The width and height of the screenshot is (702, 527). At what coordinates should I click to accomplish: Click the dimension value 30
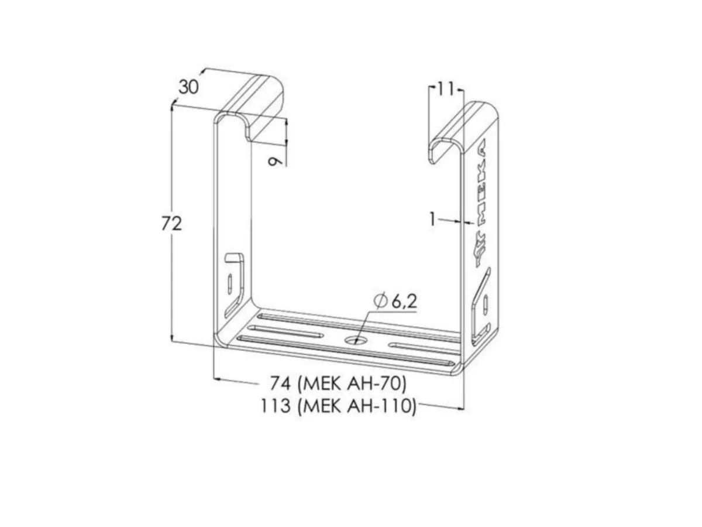[188, 87]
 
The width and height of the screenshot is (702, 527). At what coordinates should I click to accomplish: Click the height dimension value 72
[171, 224]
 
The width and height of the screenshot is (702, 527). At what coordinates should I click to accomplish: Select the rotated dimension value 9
[276, 162]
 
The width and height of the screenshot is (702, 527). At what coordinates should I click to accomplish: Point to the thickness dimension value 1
[432, 220]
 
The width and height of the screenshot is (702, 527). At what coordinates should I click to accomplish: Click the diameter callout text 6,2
[404, 302]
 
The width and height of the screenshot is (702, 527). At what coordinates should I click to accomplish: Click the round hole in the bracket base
[355, 340]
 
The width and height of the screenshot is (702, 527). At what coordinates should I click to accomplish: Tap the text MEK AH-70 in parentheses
[352, 384]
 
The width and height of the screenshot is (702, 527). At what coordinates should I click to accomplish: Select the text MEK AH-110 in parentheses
[357, 406]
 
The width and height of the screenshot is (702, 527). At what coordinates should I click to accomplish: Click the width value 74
[280, 383]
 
